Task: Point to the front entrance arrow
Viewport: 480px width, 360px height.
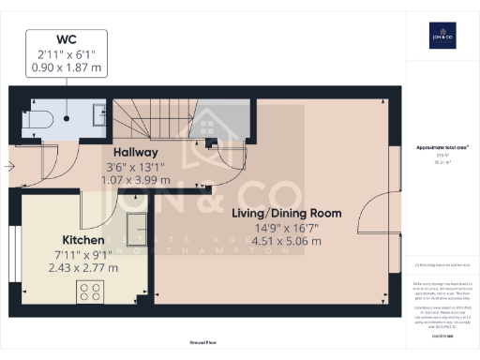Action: pyautogui.click(x=8, y=166)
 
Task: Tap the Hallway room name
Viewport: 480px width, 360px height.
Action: pyautogui.click(x=135, y=152)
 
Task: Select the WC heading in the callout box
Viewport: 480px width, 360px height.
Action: pyautogui.click(x=66, y=39)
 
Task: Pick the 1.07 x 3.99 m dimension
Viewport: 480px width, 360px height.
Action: pyautogui.click(x=136, y=179)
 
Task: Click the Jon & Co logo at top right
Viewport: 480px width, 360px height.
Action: pyautogui.click(x=442, y=37)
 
